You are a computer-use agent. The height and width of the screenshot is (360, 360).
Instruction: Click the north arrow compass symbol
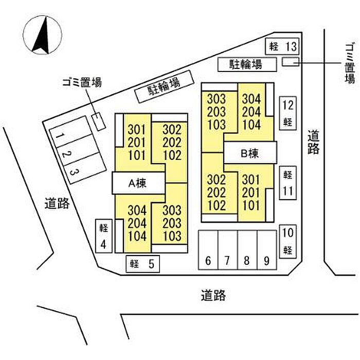(43, 35)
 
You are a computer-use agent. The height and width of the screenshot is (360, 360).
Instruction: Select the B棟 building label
(250, 153)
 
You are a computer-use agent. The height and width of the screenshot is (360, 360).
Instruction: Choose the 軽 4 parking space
(104, 236)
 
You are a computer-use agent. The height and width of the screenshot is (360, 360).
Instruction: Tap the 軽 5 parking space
(143, 264)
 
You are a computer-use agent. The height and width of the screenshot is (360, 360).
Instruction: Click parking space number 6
(208, 250)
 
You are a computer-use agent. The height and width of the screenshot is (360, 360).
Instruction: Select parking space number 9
(267, 250)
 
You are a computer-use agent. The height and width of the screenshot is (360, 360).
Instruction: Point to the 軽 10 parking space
(288, 242)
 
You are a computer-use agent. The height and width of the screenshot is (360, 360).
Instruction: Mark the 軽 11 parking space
(288, 183)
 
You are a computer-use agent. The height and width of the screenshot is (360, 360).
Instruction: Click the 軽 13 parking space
(282, 46)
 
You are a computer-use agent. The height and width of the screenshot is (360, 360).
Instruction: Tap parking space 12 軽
(288, 113)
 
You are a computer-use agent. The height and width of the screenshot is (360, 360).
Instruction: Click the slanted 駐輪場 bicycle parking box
(165, 86)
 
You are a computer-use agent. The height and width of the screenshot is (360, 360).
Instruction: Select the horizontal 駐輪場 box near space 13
(247, 64)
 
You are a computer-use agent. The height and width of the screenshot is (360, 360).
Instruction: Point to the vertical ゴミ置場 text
(350, 64)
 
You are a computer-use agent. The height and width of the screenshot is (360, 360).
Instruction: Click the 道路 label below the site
(213, 295)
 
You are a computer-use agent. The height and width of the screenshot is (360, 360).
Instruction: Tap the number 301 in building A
(137, 130)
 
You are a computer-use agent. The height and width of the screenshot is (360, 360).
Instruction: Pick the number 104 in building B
(251, 124)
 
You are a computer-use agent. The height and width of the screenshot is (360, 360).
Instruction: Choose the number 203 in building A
(172, 223)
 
